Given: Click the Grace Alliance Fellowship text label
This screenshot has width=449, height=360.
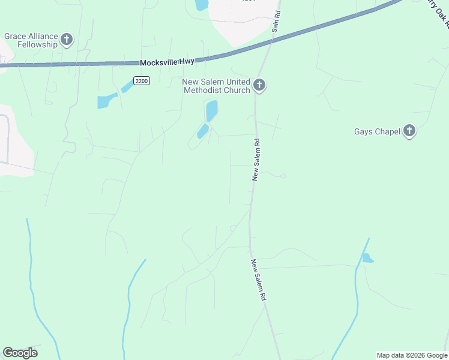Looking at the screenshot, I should tap(31, 40).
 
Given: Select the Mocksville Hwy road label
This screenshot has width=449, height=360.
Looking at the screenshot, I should tap(167, 62).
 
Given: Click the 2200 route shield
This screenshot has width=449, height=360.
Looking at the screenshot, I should tap(141, 81).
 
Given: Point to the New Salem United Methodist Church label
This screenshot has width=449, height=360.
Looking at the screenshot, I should tap(216, 86).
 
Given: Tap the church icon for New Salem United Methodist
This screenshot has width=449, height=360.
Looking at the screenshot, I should tap(259, 85).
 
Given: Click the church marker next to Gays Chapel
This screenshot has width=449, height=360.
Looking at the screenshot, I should tap(409, 131).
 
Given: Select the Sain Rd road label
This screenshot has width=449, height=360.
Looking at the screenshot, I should tap(277, 21).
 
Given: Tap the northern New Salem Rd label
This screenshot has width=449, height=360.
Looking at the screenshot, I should tap(256, 160).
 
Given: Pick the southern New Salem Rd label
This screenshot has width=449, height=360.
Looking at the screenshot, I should tap(258, 280).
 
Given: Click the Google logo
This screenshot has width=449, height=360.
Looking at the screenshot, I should tap(20, 353).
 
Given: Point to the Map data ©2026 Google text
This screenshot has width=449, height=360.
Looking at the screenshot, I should tap(412, 355).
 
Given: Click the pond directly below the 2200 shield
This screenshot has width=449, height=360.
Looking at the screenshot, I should tap(108, 101).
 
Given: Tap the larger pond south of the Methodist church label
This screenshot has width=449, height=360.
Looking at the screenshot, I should tap(211, 111).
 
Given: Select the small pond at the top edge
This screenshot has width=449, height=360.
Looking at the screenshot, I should tap(201, 5).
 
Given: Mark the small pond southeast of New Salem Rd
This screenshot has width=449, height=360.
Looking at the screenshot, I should tap(367, 259).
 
